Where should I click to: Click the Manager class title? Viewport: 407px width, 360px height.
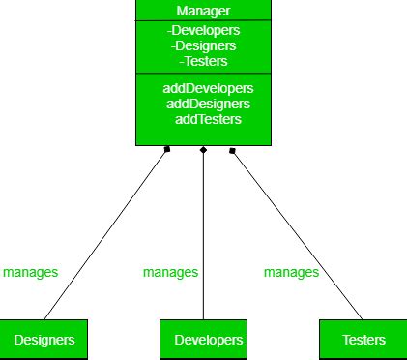[x=203, y=11]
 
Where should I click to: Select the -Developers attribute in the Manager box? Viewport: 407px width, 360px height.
[x=203, y=30]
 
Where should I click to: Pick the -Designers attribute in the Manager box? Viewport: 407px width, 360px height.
[x=203, y=45]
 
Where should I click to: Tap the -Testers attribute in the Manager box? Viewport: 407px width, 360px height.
[x=203, y=60]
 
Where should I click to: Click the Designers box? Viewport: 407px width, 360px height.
[x=44, y=340]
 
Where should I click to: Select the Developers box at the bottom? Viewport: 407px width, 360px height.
[x=203, y=340]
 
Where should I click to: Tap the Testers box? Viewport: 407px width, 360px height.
[x=363, y=340]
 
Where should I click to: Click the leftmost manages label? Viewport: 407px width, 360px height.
[x=30, y=272]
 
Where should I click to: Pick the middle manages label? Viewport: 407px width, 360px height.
[x=170, y=272]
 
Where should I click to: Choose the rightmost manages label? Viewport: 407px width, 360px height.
[x=291, y=272]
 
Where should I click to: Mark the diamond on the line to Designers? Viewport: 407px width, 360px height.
[x=167, y=149]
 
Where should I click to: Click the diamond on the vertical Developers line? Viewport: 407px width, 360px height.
[x=203, y=150]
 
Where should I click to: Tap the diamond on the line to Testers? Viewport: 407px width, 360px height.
[x=232, y=149]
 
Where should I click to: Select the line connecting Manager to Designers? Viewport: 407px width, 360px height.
[x=106, y=232]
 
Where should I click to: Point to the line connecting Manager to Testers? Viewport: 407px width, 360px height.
[x=295, y=232]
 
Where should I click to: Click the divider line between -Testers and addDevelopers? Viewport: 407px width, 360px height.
[x=203, y=73]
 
